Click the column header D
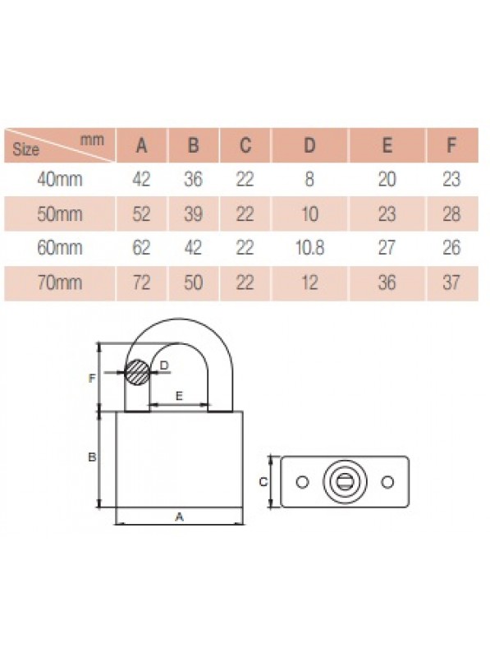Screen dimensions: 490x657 coord(309,145)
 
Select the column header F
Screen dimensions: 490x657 coord(451,145)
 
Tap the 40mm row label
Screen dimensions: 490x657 coord(59,180)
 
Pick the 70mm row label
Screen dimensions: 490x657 coord(59,283)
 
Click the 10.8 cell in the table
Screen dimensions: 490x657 coord(309,248)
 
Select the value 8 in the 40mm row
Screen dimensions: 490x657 coord(309,180)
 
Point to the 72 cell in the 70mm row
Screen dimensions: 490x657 coord(141,283)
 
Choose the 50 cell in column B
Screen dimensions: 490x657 coord(193,283)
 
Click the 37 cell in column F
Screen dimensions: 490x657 coord(451,283)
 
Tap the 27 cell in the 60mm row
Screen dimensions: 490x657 coord(387,248)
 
